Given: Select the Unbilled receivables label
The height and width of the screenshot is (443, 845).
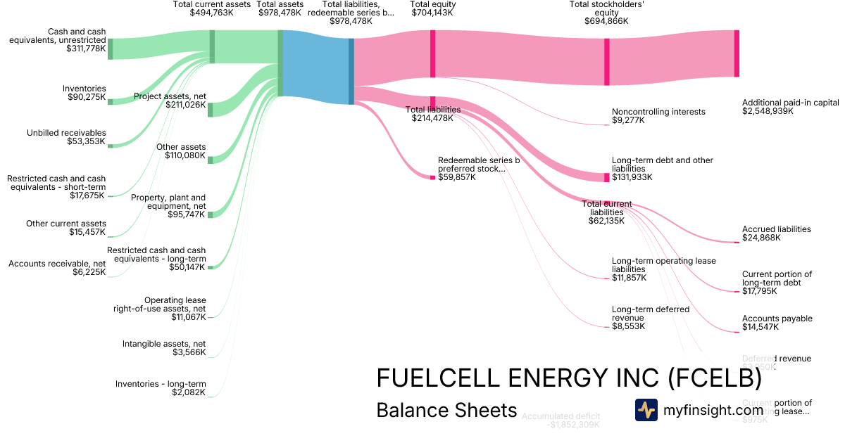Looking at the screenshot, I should coord(67,137).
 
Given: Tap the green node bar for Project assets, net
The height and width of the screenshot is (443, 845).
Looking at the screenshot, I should coord(211,109).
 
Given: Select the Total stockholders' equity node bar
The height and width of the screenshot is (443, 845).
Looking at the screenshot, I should coord(607,62).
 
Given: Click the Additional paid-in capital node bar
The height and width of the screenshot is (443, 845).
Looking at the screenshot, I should coord(737,53).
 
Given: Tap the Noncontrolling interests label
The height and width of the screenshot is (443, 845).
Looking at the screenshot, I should coord(658,116).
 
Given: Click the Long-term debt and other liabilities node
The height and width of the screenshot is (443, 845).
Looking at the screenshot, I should coord(607,177).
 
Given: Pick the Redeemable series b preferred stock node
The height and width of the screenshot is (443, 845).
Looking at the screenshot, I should coord(432,177).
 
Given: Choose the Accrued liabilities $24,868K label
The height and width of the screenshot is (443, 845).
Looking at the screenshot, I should coord(776,233).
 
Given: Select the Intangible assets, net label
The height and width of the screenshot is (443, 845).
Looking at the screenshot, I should coord(164,348).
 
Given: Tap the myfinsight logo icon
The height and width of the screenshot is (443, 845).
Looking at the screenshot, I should coord(646,410).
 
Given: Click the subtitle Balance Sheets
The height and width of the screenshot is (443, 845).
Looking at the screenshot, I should coord(446,410).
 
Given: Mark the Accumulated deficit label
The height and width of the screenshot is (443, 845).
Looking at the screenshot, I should coord(561,420).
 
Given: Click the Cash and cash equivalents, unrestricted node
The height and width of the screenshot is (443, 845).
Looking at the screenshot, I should coord(110,49).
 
